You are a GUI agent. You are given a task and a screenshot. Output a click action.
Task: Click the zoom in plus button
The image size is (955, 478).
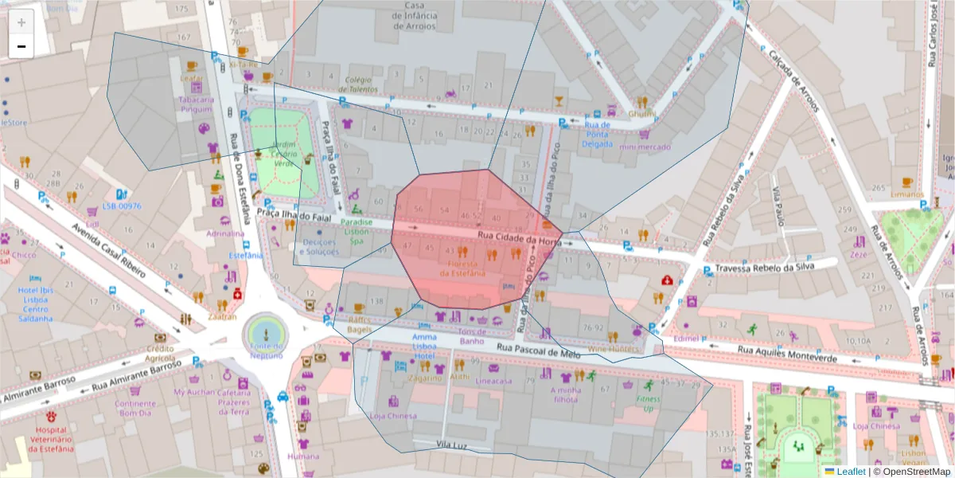pyautogui.click(x=21, y=22)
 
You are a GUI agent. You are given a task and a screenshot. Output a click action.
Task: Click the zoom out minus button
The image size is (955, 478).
pyautogui.click(x=21, y=46)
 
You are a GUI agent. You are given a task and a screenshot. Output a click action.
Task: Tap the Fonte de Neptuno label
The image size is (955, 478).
pyautogui.click(x=266, y=351)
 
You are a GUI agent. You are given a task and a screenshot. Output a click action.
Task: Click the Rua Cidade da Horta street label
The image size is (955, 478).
pyautogui.click(x=519, y=237)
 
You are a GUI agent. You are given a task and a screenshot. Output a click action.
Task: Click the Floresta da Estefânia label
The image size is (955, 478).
pyautogui.click(x=467, y=268)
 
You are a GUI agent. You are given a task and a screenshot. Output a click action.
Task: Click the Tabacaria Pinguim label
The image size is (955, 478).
pyautogui.click(x=196, y=104)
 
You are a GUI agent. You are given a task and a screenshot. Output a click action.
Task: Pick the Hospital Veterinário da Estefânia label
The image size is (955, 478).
pyautogui.click(x=51, y=437)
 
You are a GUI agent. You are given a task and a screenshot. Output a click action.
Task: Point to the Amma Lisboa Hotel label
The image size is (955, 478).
pyautogui.click(x=424, y=347)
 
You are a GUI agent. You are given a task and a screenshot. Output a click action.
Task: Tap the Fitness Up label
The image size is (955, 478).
pyautogui.click(x=648, y=403)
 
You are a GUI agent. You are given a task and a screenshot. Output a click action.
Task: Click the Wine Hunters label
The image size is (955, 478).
pyautogui.click(x=613, y=349)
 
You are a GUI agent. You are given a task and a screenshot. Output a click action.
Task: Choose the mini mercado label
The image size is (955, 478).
pyautogui.click(x=645, y=147)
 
